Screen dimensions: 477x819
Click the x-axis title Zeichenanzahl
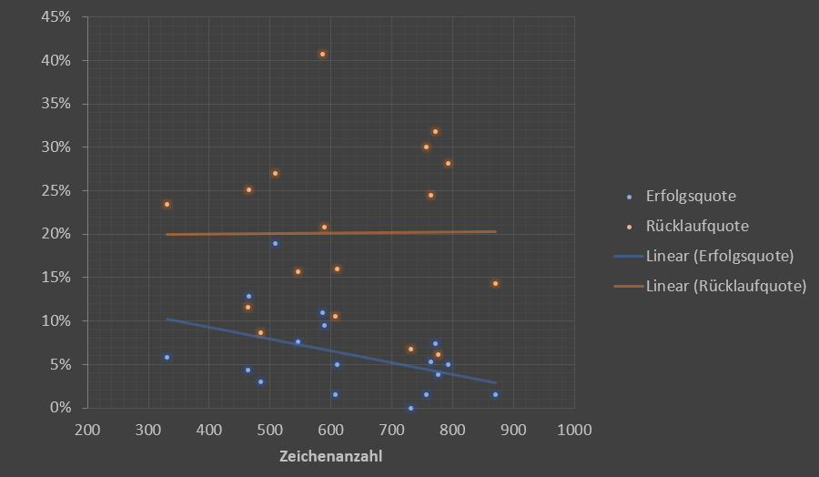point(330,456)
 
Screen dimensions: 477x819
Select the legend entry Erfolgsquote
point(690,196)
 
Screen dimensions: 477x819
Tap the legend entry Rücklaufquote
point(696,226)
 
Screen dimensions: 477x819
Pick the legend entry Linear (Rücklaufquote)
point(725,286)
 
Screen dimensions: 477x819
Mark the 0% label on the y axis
point(61,408)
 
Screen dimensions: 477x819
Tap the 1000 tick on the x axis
point(574,430)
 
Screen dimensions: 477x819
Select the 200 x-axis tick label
point(87,430)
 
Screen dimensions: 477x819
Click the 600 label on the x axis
point(330,430)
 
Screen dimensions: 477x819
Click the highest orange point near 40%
point(322,54)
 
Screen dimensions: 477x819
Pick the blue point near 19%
point(275,243)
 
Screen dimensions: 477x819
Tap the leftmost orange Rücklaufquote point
point(167,204)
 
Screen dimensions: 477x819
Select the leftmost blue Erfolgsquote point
point(167,357)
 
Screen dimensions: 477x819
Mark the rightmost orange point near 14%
point(495,283)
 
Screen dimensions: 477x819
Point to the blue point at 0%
point(410,408)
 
